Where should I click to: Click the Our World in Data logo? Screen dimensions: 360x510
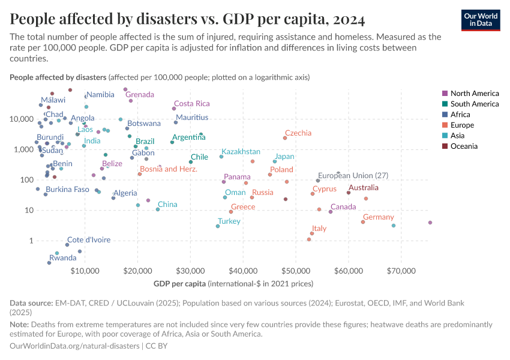[x=481, y=20]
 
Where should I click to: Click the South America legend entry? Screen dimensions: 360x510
[x=475, y=104]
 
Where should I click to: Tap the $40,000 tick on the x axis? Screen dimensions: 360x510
[x=243, y=271]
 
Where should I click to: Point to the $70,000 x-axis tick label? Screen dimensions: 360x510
[x=401, y=271]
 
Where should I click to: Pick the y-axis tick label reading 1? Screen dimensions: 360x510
[x=30, y=241]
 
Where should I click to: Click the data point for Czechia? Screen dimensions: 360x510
[x=285, y=138]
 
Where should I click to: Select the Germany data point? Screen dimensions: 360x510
[x=363, y=222]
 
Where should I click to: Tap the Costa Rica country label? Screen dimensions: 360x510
[x=191, y=104]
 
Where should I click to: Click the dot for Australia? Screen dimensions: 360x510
[x=348, y=193]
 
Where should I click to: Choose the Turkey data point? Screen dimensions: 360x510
[x=218, y=226]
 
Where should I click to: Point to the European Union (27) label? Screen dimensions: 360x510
[x=353, y=176]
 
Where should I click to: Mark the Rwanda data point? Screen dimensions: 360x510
[x=49, y=263]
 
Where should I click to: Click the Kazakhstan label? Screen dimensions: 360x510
[x=241, y=152]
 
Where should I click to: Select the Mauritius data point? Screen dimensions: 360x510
[x=176, y=122]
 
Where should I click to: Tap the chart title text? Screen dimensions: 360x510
[x=187, y=20]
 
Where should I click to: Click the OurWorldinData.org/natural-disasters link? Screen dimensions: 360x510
[x=73, y=346]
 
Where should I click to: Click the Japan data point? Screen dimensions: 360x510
[x=275, y=161]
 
